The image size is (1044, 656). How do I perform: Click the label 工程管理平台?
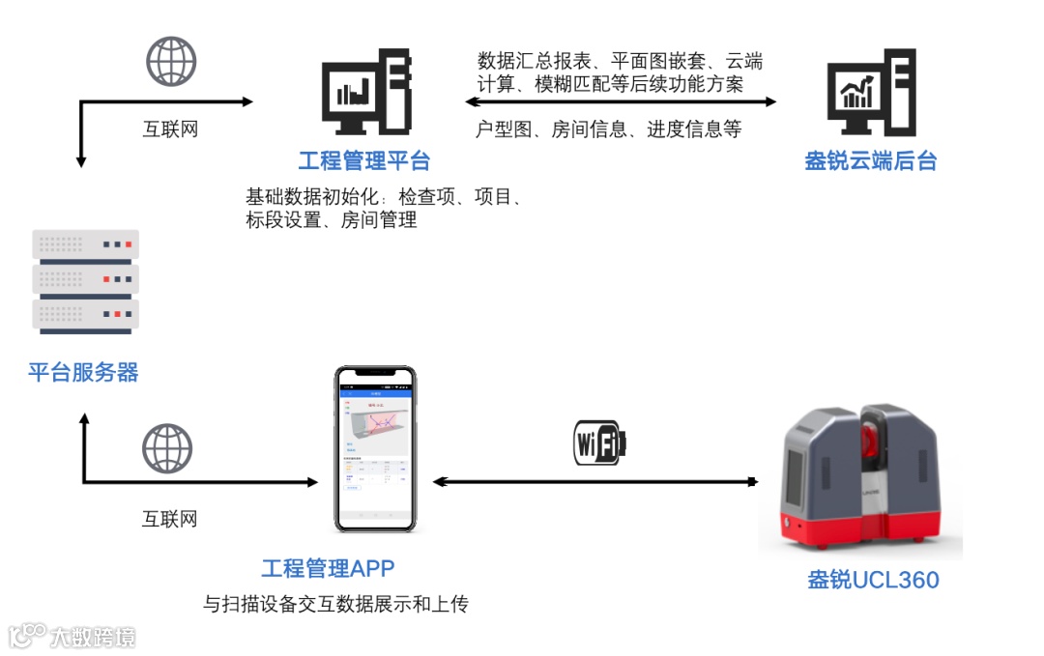(x=363, y=160)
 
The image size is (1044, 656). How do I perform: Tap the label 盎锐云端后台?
(x=871, y=160)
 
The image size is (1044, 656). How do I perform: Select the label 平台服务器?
(x=83, y=372)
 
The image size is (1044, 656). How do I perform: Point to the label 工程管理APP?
(x=328, y=568)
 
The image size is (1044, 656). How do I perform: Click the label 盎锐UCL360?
(x=873, y=580)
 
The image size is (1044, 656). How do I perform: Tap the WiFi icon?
(x=599, y=443)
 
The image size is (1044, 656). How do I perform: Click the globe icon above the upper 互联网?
(x=171, y=62)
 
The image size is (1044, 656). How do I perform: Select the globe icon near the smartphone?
(x=167, y=450)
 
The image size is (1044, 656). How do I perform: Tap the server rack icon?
(x=85, y=280)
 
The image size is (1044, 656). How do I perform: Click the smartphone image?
(x=375, y=448)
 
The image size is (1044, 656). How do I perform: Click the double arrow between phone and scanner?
(x=594, y=480)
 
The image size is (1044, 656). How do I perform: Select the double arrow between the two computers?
(x=620, y=101)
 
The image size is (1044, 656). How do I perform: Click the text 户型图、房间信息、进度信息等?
(x=609, y=129)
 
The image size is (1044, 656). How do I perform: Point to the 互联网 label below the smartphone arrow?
(x=170, y=519)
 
